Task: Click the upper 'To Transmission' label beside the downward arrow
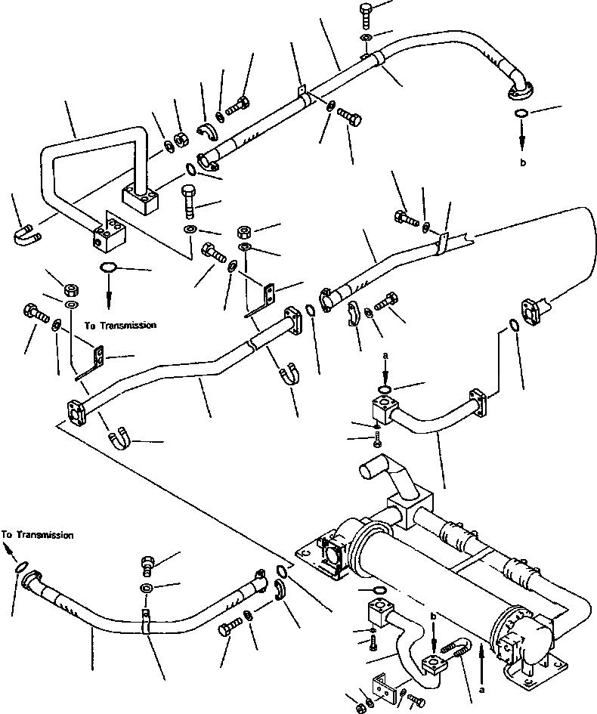120,325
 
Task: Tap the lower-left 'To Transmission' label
37,535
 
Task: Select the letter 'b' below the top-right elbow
523,162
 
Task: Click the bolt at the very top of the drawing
367,15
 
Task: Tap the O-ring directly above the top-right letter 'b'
521,113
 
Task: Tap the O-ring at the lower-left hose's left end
20,567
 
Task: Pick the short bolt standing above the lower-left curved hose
148,564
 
